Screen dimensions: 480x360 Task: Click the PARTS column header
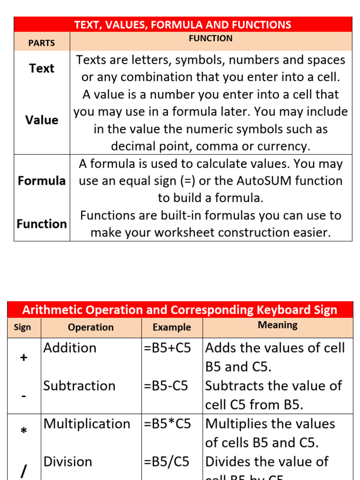(x=41, y=43)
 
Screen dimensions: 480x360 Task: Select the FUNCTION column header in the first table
(x=210, y=38)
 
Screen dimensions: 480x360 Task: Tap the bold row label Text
(x=42, y=68)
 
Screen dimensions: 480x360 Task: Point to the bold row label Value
(x=42, y=120)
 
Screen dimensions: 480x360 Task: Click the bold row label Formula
(x=42, y=181)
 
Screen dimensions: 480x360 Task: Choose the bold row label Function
(x=42, y=224)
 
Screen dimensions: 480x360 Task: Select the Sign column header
(x=22, y=327)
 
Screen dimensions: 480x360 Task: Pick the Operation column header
(x=90, y=327)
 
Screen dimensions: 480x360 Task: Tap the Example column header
(x=172, y=327)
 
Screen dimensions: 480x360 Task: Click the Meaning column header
(x=277, y=325)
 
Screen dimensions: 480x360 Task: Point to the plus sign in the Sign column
(x=24, y=358)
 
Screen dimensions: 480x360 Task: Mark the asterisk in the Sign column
(x=24, y=431)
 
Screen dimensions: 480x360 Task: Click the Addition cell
(x=70, y=348)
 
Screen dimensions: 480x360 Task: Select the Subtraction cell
(x=79, y=386)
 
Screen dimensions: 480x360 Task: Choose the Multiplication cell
(x=87, y=424)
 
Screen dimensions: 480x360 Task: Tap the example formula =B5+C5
(x=167, y=348)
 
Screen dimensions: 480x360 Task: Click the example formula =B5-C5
(x=166, y=386)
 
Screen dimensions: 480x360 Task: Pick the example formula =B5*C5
(x=167, y=424)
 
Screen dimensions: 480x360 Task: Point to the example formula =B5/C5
(x=166, y=462)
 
